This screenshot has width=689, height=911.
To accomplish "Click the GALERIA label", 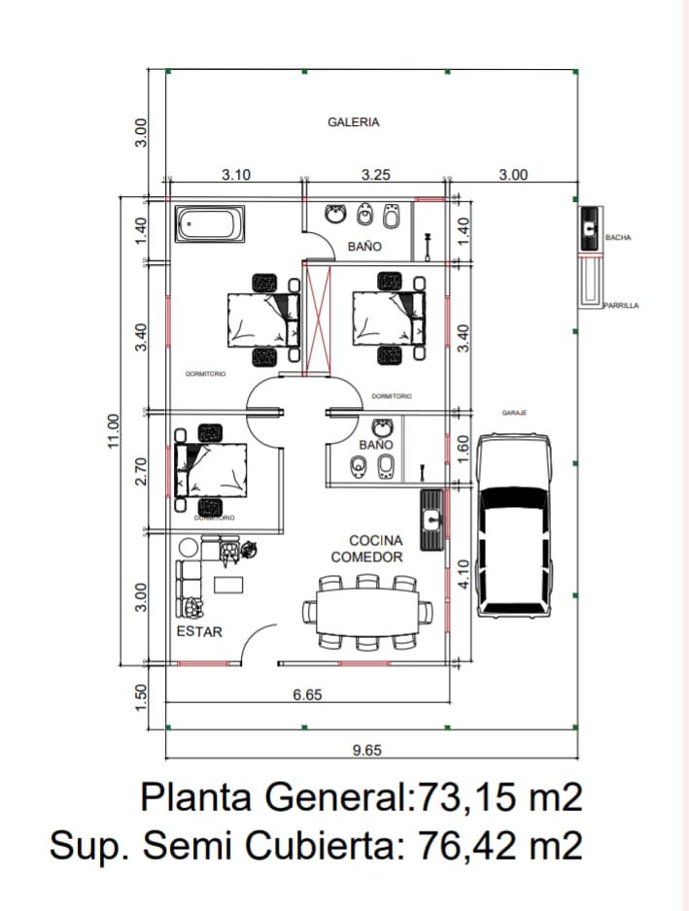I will click(x=353, y=122).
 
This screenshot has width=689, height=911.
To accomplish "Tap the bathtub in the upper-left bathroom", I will click(x=209, y=224).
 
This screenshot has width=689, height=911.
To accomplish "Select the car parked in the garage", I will click(x=514, y=524).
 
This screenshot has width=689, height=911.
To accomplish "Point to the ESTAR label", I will click(x=199, y=631).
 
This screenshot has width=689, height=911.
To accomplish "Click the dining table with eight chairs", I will click(x=367, y=612).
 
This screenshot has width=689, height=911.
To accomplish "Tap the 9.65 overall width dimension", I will click(x=365, y=749).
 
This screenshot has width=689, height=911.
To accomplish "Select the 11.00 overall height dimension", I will click(x=114, y=427).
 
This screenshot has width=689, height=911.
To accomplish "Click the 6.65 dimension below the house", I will click(x=307, y=694).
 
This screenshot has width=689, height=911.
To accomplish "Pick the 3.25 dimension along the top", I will click(x=375, y=175).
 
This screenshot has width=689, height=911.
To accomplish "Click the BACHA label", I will click(x=618, y=237).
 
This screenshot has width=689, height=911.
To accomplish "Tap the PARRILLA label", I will click(x=621, y=305).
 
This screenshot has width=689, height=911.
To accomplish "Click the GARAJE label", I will click(x=514, y=413).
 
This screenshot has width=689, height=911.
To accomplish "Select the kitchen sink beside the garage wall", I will click(x=431, y=520).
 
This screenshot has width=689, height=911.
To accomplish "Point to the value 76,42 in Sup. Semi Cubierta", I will click(x=464, y=845).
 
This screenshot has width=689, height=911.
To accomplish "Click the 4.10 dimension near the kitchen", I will click(x=464, y=573).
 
